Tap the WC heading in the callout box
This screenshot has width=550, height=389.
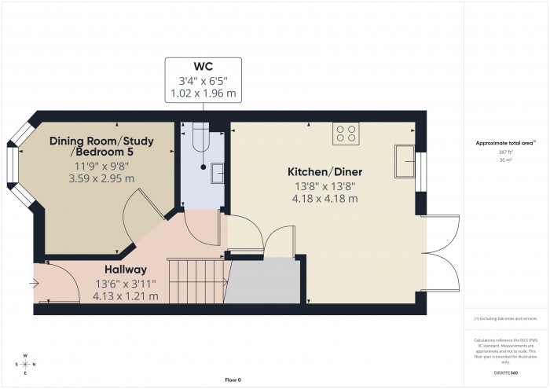tap(203, 66)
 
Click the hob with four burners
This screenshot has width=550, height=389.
tap(345, 134)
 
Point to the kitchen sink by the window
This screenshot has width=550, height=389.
tap(405, 162)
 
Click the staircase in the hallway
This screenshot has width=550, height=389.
tap(196, 282)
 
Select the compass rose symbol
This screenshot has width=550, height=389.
tap(26, 364)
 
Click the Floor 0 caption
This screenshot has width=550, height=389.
tap(233, 380)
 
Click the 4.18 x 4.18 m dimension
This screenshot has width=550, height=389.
tap(323, 199)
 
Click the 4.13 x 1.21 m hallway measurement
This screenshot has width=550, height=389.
tap(126, 296)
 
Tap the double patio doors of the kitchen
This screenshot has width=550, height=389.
tap(442, 253)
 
